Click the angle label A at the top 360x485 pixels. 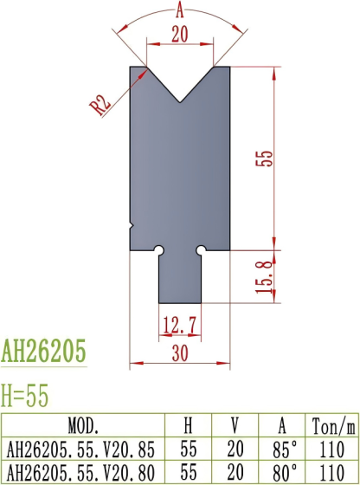(179, 11)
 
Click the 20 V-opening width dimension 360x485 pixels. (179, 34)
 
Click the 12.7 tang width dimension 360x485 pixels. (179, 326)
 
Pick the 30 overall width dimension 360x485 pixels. (179, 352)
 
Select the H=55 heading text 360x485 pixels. (25, 395)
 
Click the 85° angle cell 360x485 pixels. (284, 449)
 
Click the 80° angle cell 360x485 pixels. (284, 472)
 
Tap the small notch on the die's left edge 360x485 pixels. (131, 226)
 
